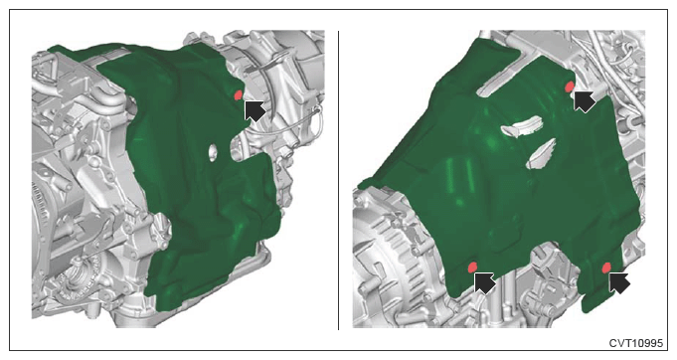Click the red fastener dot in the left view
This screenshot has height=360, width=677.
(x=238, y=94)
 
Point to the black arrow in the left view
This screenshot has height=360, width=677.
(x=254, y=110)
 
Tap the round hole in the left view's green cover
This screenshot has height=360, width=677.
(x=212, y=153)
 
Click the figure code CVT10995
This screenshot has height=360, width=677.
(x=635, y=343)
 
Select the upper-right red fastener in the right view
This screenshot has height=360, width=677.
(x=570, y=87)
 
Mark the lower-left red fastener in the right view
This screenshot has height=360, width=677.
(x=472, y=268)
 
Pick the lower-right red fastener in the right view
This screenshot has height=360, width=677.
(x=606, y=268)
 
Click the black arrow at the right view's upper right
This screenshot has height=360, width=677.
(x=585, y=101)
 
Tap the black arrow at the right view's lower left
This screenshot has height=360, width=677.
(x=484, y=282)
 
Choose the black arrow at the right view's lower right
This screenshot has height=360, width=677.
(x=619, y=283)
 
